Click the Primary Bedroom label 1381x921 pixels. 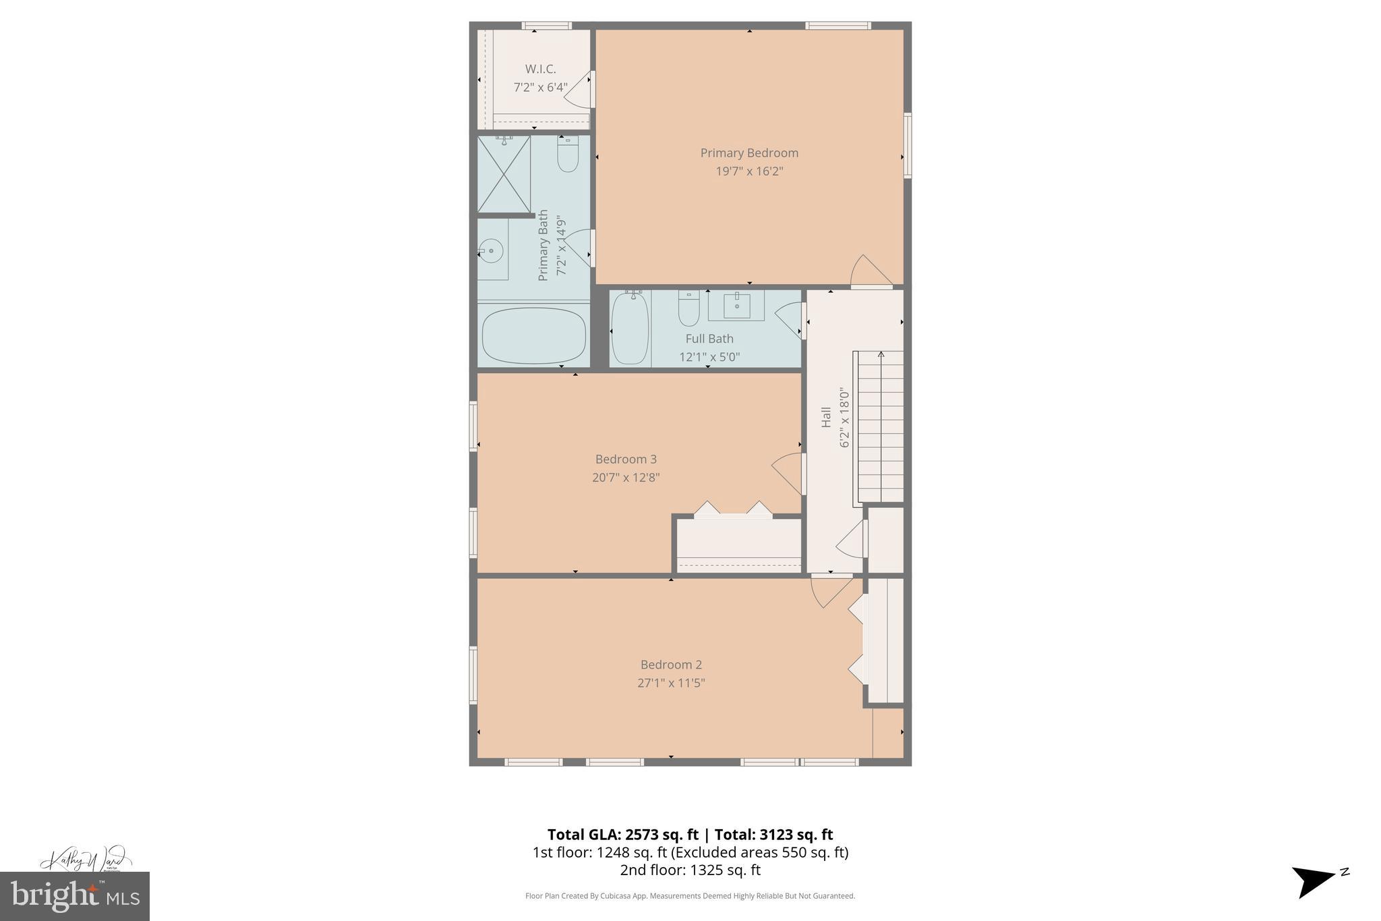(x=748, y=153)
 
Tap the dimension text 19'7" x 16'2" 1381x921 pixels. (x=748, y=171)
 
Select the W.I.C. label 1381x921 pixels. (x=540, y=69)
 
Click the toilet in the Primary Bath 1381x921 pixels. (x=568, y=156)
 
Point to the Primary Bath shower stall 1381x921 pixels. (x=504, y=175)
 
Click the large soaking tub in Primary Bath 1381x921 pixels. (x=533, y=335)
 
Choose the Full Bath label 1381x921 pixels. (x=709, y=339)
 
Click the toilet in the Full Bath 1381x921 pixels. (x=688, y=310)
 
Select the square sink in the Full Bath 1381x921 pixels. (x=736, y=306)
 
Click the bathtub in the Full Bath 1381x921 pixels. (x=630, y=328)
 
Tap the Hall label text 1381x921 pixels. (x=826, y=417)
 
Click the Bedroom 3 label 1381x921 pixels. (x=625, y=459)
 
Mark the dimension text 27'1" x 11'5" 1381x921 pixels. (x=670, y=683)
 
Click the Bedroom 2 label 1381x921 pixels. (x=670, y=665)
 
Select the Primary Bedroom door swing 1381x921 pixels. (x=869, y=271)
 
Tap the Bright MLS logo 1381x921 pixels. (x=74, y=895)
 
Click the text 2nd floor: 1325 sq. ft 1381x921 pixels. (x=690, y=870)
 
